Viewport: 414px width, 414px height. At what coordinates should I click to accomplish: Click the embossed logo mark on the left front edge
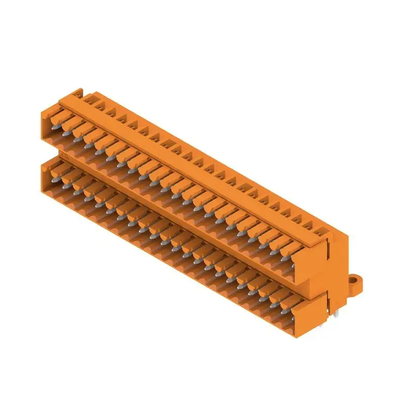tap(63, 155)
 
